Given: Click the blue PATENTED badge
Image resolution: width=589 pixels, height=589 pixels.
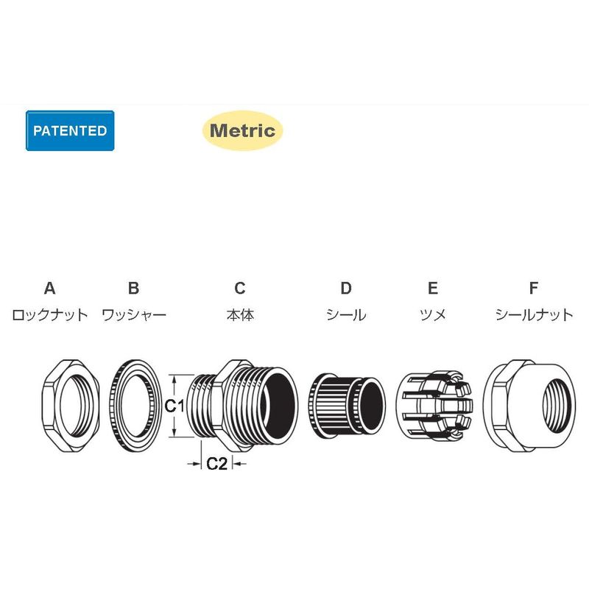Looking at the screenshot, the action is pyautogui.click(x=70, y=131).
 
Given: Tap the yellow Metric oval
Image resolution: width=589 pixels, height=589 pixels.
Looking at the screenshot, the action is pyautogui.click(x=242, y=131).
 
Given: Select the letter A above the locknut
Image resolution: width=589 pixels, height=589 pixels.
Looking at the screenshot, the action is pyautogui.click(x=49, y=288).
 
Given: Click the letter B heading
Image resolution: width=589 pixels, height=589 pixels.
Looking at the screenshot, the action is pyautogui.click(x=134, y=288).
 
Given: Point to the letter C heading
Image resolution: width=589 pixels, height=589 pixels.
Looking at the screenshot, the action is pyautogui.click(x=240, y=288).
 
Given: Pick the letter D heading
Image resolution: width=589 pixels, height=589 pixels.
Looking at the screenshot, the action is pyautogui.click(x=346, y=288).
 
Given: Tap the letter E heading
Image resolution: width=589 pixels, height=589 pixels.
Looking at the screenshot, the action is pyautogui.click(x=433, y=288).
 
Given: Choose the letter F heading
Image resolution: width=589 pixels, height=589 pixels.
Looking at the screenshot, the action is pyautogui.click(x=533, y=288).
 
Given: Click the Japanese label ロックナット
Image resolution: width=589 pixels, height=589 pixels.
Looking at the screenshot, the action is pyautogui.click(x=49, y=315).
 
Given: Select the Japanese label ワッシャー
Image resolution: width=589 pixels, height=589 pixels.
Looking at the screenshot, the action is pyautogui.click(x=134, y=315).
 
